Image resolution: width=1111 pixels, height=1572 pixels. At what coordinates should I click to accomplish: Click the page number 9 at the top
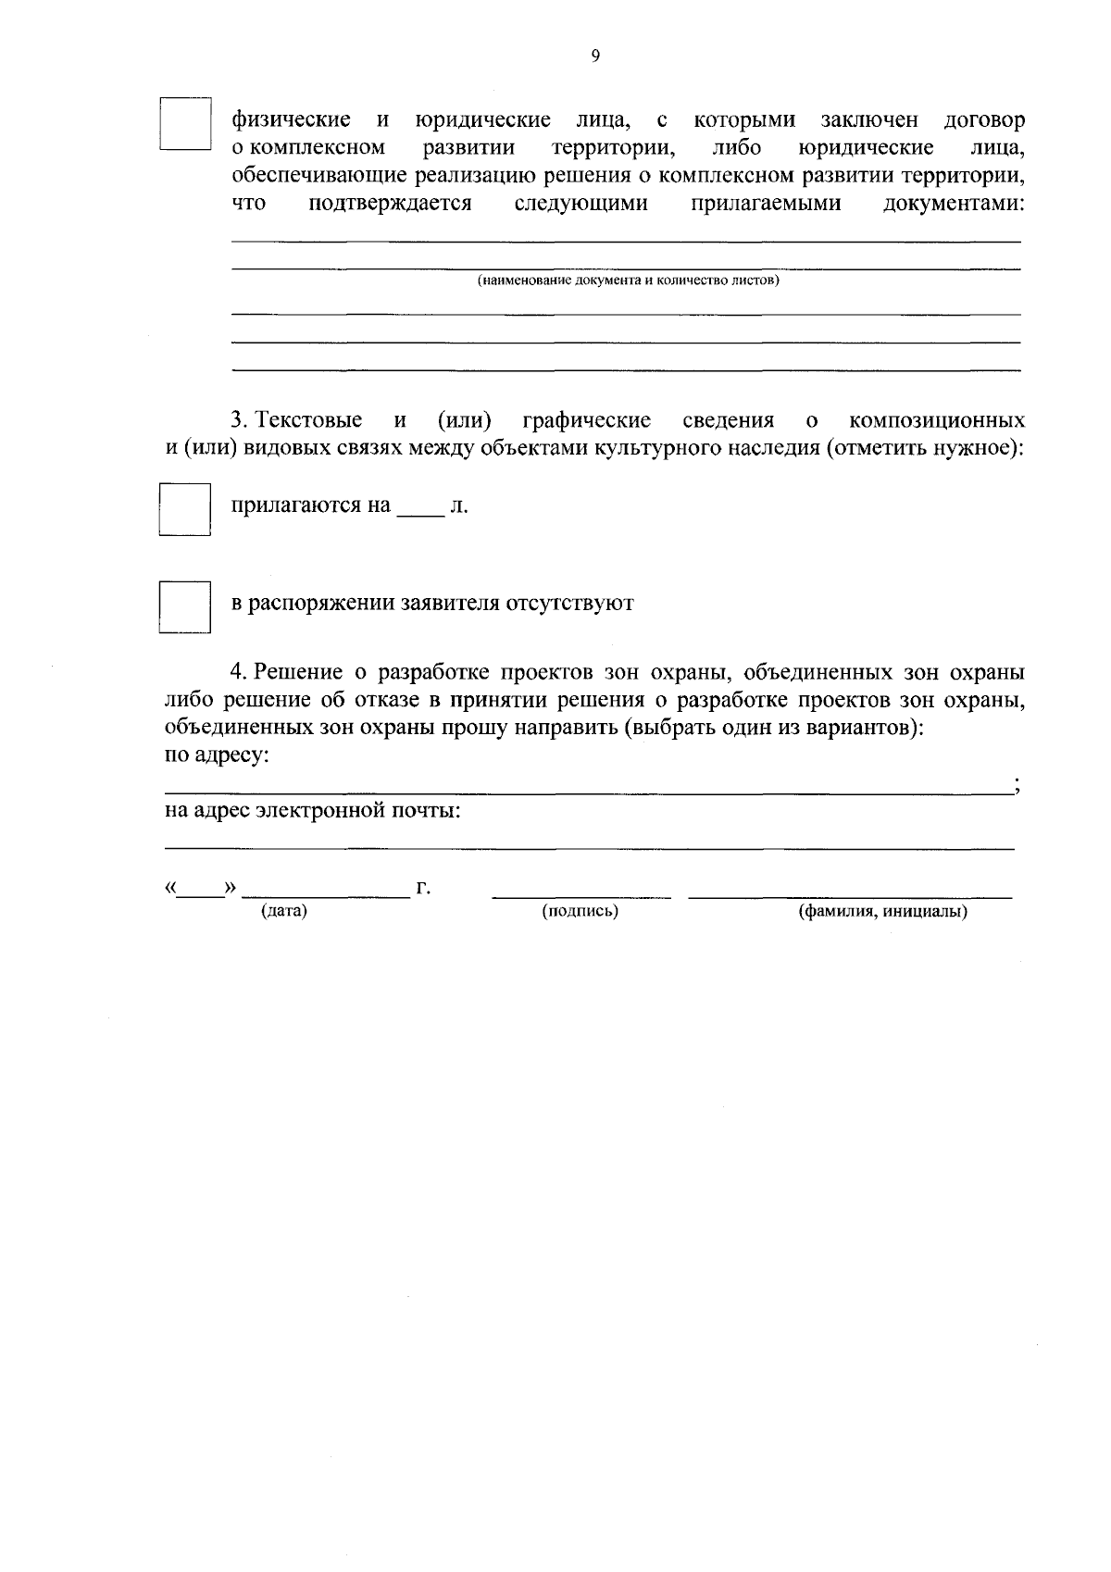[595, 56]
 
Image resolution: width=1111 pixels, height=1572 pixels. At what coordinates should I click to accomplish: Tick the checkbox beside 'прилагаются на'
[185, 508]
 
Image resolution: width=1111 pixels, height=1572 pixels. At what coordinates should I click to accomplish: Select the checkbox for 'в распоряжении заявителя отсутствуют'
[185, 606]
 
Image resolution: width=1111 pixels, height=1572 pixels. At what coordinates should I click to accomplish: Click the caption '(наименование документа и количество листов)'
[628, 280]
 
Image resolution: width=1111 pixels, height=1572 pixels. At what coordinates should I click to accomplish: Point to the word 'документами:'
[955, 204]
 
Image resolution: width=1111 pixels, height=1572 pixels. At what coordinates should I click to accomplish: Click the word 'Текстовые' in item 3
[309, 421]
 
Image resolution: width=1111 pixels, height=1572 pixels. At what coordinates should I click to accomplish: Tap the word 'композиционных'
[937, 421]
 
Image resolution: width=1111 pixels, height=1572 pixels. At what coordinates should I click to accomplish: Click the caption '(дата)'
[284, 912]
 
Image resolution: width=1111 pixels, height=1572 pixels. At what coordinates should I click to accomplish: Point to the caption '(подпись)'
[580, 912]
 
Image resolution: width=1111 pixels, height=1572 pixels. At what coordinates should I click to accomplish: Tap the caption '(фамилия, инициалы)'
[883, 912]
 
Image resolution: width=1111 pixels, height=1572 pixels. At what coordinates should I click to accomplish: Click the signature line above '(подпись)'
[581, 895]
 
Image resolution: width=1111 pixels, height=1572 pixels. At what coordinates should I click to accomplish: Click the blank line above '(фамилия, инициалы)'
[850, 895]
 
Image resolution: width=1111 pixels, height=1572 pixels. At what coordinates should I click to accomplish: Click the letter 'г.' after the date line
[424, 890]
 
